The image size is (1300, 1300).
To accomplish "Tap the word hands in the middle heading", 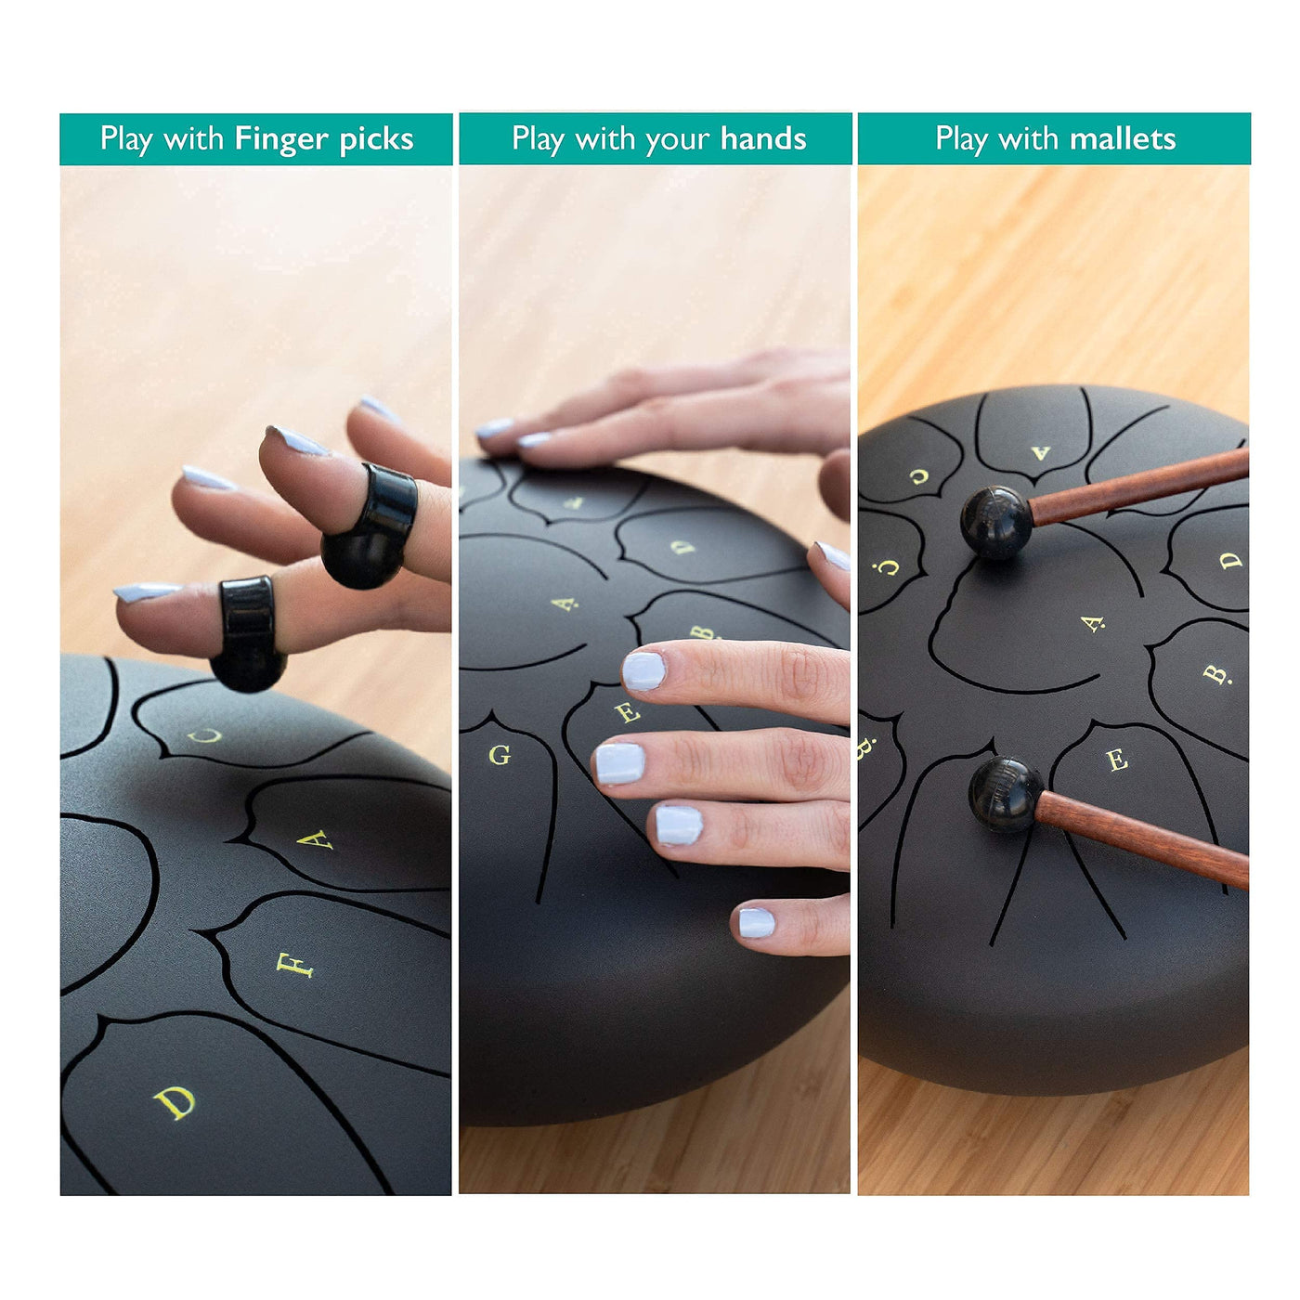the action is click(x=763, y=139).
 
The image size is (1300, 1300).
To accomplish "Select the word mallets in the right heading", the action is click(x=1123, y=139).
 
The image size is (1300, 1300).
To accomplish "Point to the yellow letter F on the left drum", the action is click(x=294, y=966).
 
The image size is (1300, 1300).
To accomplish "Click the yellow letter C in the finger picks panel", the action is click(x=204, y=735).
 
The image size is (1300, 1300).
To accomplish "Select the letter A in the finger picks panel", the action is click(x=315, y=839).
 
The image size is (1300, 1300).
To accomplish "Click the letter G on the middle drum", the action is click(x=500, y=755).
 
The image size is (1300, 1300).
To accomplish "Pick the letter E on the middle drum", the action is click(x=628, y=711).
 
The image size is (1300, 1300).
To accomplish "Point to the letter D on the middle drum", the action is click(x=682, y=546).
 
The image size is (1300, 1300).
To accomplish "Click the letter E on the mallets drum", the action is click(x=1117, y=760).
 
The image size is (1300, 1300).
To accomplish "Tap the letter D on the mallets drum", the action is click(x=1230, y=560).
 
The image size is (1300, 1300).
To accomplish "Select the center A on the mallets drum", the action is click(x=1093, y=624).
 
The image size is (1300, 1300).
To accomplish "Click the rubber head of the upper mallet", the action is click(x=995, y=522).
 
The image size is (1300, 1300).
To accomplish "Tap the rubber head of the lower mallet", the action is click(x=1006, y=795).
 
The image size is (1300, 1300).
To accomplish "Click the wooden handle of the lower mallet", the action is click(x=1141, y=838).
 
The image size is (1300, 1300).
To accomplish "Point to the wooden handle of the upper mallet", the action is click(x=1138, y=487).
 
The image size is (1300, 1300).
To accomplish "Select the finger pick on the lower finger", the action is click(x=248, y=635).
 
